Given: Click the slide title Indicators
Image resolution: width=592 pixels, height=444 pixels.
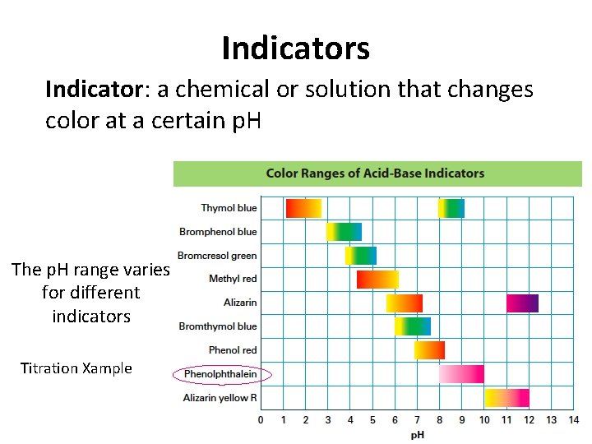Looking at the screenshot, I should [295, 49].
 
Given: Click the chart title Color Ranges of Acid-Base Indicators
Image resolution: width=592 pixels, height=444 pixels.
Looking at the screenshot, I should [375, 173].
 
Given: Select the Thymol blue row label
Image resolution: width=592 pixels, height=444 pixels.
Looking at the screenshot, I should [229, 208].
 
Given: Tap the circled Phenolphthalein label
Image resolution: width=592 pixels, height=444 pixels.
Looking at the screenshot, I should [220, 374].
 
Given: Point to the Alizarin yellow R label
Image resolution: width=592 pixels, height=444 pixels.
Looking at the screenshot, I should [220, 398].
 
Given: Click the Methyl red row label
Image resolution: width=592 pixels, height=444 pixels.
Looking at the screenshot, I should [233, 279].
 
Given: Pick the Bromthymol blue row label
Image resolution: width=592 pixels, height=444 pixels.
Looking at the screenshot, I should [218, 326].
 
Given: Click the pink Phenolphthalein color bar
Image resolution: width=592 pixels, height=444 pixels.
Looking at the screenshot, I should [461, 374].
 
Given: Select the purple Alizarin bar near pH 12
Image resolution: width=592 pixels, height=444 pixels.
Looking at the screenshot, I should [522, 303].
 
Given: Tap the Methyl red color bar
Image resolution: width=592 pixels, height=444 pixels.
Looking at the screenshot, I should [377, 280].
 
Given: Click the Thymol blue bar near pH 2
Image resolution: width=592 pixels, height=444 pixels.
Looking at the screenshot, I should [303, 208].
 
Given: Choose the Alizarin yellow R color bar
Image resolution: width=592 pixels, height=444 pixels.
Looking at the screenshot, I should [506, 398].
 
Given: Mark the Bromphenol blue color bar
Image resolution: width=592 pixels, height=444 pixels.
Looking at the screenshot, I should [344, 232].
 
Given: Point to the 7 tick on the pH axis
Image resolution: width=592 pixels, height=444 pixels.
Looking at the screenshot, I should [417, 420].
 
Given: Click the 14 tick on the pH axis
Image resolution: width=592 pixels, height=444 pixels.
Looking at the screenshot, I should [573, 420].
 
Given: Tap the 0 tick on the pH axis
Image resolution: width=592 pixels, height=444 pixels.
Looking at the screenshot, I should [261, 420].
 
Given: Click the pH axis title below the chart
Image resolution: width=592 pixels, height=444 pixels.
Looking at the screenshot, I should [418, 435].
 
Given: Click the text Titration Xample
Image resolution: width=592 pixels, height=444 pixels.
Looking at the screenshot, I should [76, 368].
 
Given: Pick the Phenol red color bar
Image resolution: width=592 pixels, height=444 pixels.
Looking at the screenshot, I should [429, 350].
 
